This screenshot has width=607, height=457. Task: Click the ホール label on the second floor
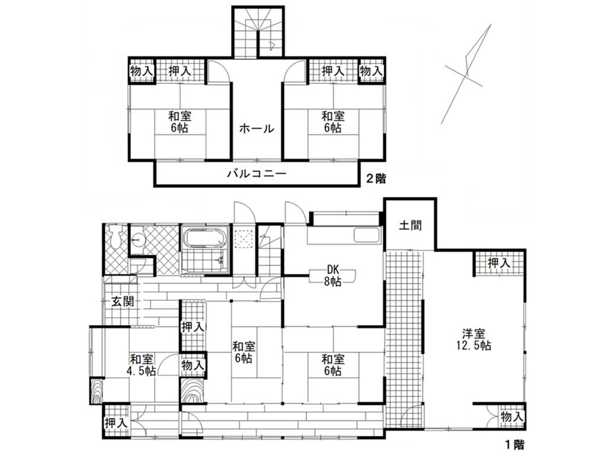[256, 128]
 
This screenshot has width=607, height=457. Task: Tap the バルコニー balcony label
[257, 173]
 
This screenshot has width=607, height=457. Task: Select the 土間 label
[410, 225]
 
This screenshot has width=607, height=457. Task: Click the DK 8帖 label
[333, 275]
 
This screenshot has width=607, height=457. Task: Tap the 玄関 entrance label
[123, 301]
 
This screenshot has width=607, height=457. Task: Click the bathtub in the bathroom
[205, 239]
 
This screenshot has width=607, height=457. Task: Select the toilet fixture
[116, 236]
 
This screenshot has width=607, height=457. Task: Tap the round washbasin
[137, 240]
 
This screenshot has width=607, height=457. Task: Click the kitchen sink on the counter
[366, 235]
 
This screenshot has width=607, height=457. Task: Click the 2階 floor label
[376, 179]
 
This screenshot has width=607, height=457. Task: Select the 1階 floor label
[514, 445]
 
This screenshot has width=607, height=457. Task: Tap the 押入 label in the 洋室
[499, 263]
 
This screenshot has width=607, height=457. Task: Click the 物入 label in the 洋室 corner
[512, 417]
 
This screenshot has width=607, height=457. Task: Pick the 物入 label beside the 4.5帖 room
[193, 365]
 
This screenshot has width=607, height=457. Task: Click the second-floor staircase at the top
[258, 33]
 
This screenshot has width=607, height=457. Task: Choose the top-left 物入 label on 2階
[142, 71]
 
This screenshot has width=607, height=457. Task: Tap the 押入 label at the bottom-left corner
[116, 423]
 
